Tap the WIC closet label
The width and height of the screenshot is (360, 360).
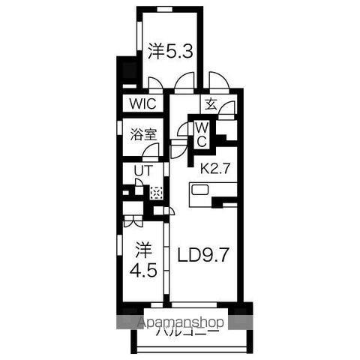(142, 104)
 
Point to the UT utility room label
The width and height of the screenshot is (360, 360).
(142, 171)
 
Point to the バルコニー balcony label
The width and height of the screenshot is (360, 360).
(190, 331)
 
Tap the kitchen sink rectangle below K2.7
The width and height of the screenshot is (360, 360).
(202, 190)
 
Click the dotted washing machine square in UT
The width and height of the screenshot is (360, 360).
(156, 192)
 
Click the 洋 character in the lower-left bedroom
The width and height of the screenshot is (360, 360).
(142, 247)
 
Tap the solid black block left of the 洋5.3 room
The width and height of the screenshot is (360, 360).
(127, 72)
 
